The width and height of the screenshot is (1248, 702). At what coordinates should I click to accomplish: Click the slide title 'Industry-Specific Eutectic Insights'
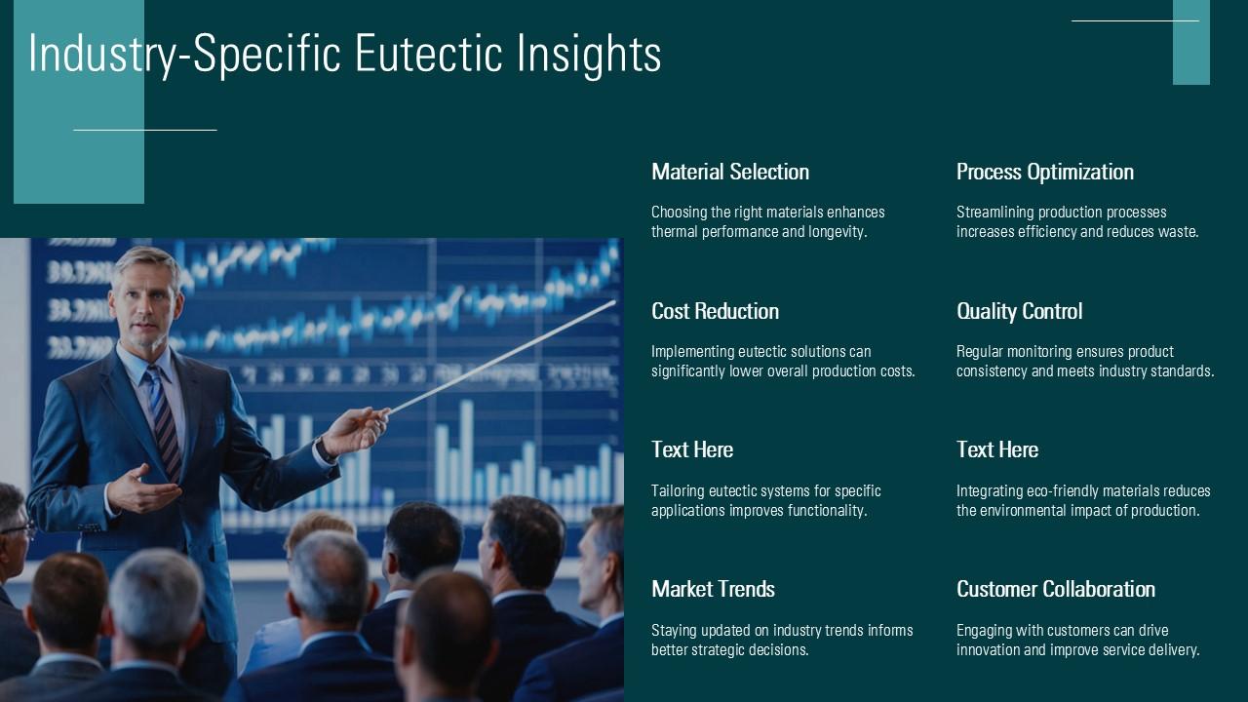pos(345,54)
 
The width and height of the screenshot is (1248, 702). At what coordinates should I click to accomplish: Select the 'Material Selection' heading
pos(730,172)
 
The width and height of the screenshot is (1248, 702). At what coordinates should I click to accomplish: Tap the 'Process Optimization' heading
pos(1044,172)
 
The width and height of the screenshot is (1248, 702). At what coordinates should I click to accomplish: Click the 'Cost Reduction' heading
pos(715,311)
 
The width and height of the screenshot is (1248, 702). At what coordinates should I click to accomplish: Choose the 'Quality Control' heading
pos(1019,311)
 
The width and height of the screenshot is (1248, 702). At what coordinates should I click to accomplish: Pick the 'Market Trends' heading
pos(713,589)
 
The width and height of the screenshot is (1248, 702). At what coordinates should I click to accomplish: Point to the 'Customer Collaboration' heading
pos(1055,589)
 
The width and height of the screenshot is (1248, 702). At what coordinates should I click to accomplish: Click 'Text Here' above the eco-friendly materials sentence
pos(996,449)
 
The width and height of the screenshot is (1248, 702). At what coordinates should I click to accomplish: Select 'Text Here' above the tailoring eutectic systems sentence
pos(692,449)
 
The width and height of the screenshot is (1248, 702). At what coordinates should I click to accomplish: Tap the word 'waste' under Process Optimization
pos(1177,232)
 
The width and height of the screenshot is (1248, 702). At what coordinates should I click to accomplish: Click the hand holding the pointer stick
pos(356,430)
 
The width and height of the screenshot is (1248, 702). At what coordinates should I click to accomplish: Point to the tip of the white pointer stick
pos(615,301)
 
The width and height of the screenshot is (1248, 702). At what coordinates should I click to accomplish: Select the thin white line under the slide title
pos(145,130)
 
